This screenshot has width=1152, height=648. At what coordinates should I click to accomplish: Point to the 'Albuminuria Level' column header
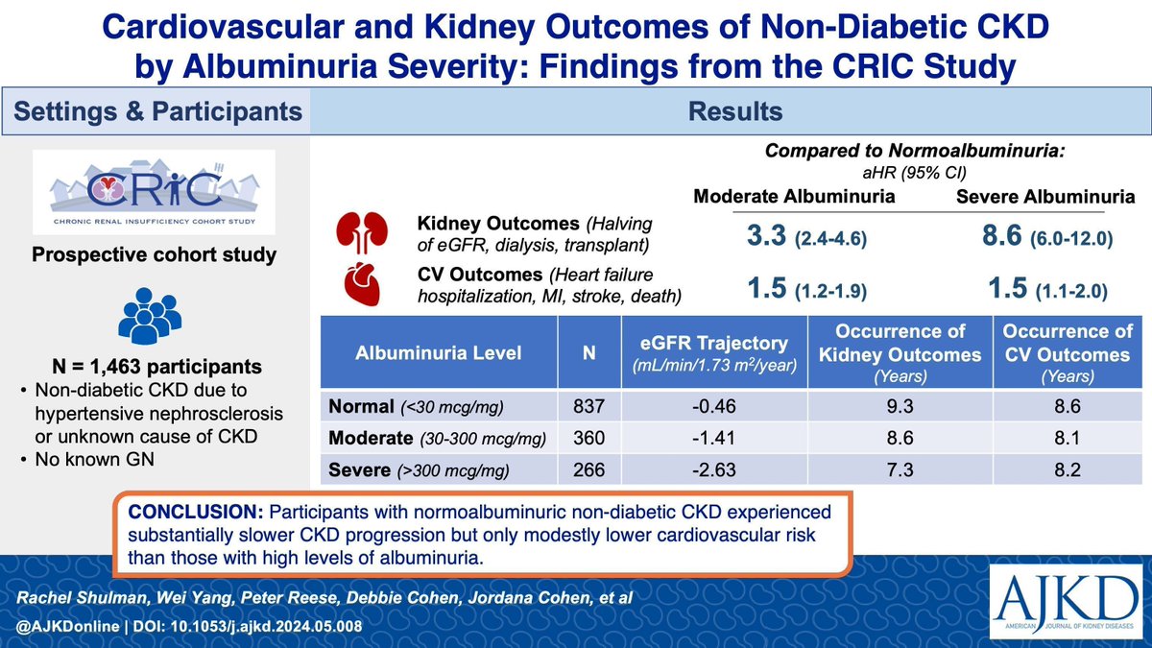[x=440, y=352]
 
